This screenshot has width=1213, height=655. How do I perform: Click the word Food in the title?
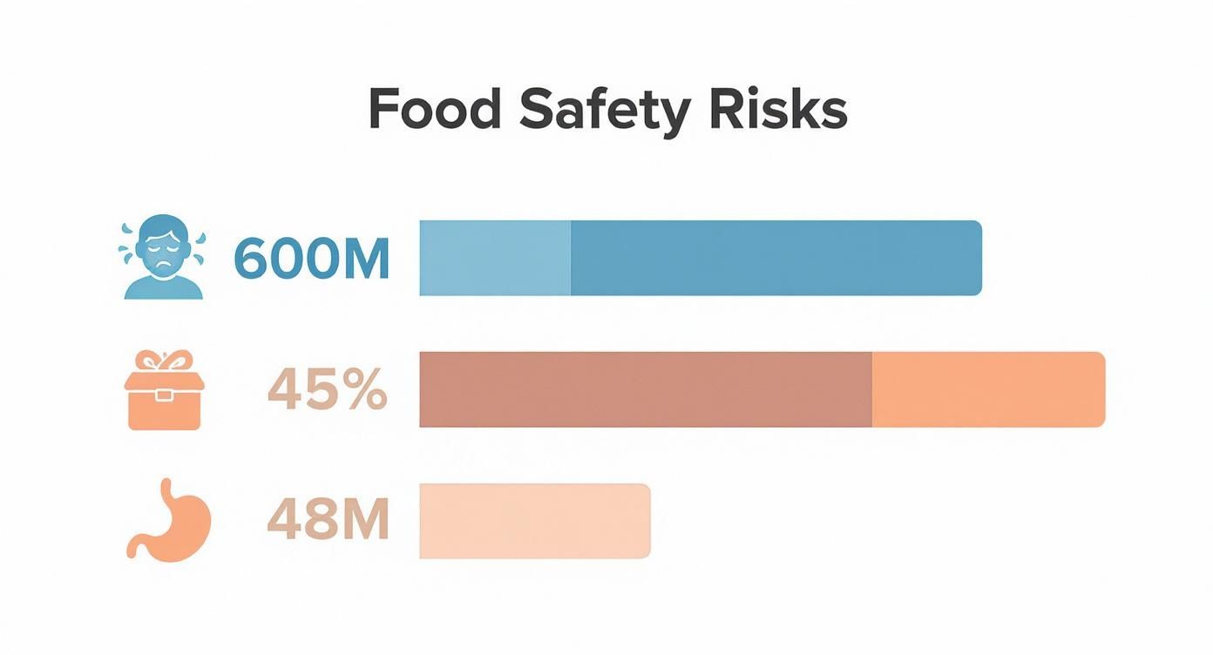click(434, 110)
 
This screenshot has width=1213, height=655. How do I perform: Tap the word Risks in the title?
click(777, 110)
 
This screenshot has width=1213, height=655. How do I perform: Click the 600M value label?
click(311, 259)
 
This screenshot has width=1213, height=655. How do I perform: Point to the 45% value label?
click(327, 389)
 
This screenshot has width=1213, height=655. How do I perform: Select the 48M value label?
click(327, 520)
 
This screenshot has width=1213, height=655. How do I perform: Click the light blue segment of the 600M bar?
click(495, 259)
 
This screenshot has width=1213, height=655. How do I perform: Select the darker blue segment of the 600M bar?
click(776, 259)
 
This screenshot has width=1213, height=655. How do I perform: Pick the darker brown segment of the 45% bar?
click(645, 389)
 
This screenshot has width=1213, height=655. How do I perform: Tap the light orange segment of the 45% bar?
click(988, 389)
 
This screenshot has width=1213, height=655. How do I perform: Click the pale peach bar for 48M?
click(534, 520)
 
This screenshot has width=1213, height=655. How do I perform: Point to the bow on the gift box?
click(164, 361)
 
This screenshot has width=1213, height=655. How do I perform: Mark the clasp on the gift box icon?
click(164, 395)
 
